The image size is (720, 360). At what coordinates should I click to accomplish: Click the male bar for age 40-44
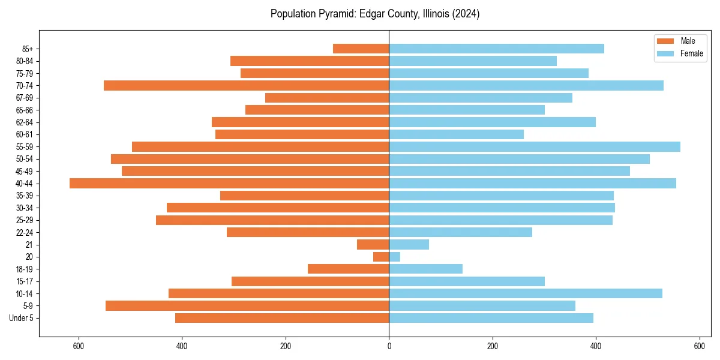(229, 183)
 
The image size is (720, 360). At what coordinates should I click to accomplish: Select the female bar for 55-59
(534, 146)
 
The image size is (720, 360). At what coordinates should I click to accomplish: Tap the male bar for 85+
(361, 49)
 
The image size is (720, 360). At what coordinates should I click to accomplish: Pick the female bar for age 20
(394, 257)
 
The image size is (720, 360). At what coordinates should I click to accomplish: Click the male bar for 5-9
(247, 305)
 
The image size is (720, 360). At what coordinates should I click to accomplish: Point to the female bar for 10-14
(525, 293)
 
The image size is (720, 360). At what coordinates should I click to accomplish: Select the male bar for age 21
(373, 244)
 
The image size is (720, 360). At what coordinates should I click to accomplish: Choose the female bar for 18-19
(425, 269)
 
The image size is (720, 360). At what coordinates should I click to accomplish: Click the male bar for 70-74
(246, 85)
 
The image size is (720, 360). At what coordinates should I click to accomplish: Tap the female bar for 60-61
(456, 134)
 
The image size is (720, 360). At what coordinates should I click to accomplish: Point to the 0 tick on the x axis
(389, 346)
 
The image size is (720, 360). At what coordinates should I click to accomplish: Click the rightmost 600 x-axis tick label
(699, 346)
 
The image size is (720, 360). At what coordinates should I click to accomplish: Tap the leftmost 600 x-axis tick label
(78, 346)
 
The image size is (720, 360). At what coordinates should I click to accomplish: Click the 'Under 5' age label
(21, 318)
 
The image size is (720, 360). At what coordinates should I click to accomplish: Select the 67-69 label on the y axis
(25, 98)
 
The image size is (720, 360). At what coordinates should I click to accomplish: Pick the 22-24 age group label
(25, 232)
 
